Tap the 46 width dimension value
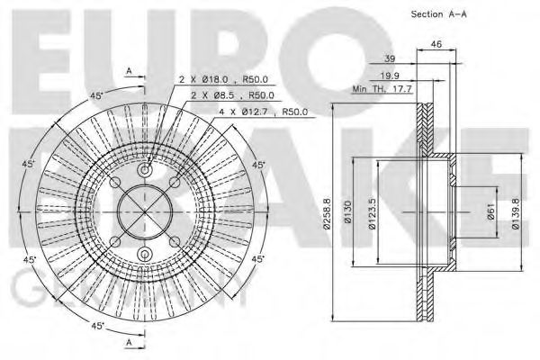point(436,43)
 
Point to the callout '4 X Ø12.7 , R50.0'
point(265,112)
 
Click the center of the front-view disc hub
point(144,212)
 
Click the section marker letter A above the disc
point(128,70)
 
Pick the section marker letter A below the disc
point(128,343)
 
